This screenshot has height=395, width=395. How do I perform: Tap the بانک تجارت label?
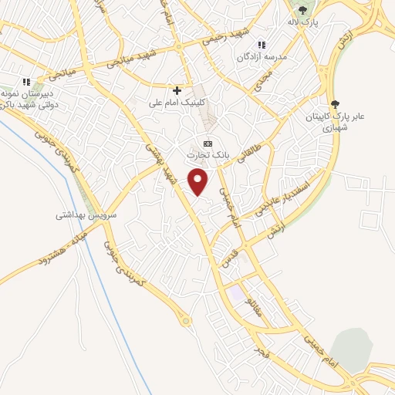pos(208,155)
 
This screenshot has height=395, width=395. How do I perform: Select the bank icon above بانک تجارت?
pos(208,143)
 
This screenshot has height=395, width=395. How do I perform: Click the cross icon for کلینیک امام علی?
pos(177,90)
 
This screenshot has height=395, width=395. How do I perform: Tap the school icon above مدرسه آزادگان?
pos(262,45)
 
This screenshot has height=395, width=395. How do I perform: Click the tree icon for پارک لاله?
pos(302,10)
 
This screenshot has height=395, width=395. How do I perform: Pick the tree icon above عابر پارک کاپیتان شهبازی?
pos(334,104)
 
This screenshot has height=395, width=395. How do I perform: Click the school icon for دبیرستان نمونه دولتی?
pos(26,81)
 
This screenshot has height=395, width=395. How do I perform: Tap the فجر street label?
pos(262,352)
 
